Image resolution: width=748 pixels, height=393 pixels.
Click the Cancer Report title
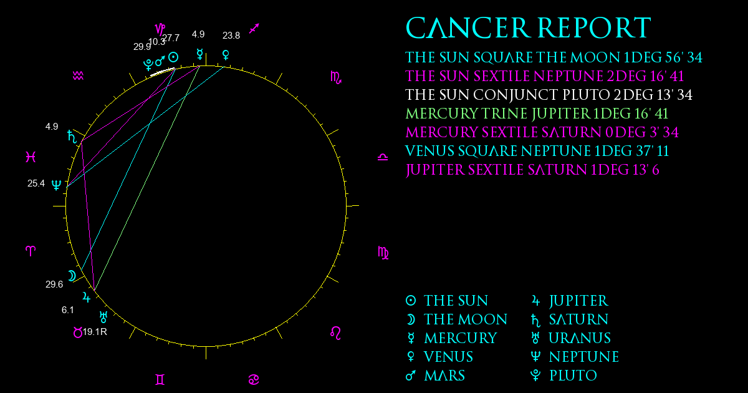point(529,28)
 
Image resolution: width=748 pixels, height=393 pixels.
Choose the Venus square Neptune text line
point(537,151)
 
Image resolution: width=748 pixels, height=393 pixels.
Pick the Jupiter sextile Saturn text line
point(532,170)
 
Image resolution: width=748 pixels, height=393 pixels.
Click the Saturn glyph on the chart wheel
point(72,137)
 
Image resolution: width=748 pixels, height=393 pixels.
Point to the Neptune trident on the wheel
point(57,185)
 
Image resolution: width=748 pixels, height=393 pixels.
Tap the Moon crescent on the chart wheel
point(72,276)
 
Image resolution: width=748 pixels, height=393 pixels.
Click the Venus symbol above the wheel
point(226,55)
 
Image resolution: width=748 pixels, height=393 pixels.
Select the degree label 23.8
point(231,36)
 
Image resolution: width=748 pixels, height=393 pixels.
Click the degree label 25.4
point(36,183)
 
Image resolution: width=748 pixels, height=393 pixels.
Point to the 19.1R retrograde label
point(95,332)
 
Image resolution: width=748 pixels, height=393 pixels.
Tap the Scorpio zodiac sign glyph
point(335,78)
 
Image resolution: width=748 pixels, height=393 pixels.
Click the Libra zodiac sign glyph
point(383,157)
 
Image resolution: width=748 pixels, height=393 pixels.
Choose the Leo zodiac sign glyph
point(335,333)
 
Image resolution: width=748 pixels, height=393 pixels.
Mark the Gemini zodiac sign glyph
point(160,380)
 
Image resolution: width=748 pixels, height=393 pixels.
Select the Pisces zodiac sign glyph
point(31,157)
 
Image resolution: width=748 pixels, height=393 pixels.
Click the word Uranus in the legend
point(580,338)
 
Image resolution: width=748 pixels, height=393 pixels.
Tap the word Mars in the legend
point(444,376)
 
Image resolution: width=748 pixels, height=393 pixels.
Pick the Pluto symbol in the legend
point(535,376)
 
